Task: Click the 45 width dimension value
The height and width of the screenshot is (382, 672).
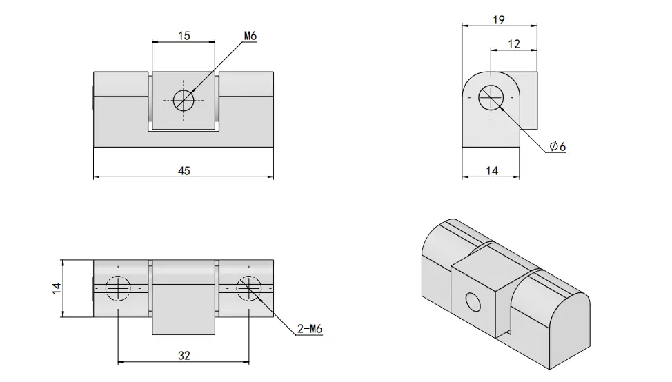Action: click(x=184, y=171)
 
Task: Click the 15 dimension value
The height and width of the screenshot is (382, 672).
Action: click(x=184, y=36)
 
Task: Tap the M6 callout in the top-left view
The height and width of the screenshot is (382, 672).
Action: click(x=250, y=36)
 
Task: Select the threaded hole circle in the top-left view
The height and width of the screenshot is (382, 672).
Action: click(x=184, y=101)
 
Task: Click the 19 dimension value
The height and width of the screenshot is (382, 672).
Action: click(x=499, y=20)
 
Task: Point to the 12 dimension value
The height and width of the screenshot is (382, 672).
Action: click(x=514, y=43)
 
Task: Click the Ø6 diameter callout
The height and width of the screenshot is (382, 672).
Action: click(x=558, y=146)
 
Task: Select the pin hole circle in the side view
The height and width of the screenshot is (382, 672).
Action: click(x=491, y=97)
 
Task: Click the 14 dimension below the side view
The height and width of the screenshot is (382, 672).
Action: click(x=492, y=171)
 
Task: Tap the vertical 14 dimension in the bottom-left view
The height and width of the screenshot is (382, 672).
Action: click(x=57, y=288)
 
